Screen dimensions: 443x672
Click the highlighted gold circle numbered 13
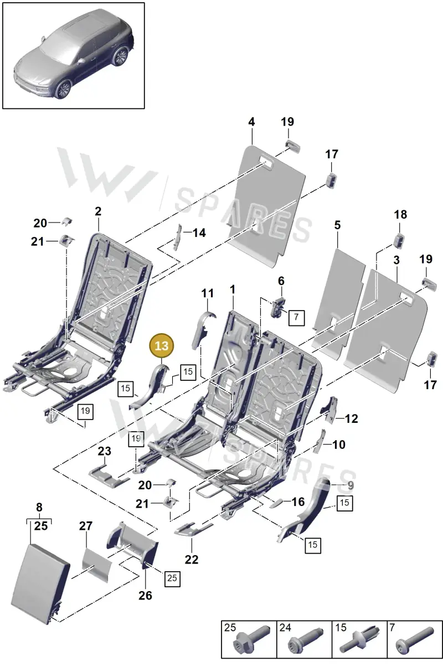[162, 345]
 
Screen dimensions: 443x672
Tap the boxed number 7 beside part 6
[296, 318]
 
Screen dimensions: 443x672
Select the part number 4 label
[251, 122]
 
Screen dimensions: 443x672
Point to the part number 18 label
[400, 215]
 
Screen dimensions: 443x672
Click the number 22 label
[192, 560]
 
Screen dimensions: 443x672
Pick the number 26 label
[145, 596]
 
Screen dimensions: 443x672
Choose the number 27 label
[86, 526]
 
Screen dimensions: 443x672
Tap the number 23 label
[105, 451]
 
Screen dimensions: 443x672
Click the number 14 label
[199, 233]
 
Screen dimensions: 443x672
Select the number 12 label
[352, 419]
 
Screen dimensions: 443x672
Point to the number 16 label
[298, 502]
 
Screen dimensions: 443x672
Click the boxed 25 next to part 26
[172, 578]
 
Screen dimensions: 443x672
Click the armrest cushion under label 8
[40, 586]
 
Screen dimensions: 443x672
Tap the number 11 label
[208, 293]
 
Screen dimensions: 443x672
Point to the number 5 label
[338, 225]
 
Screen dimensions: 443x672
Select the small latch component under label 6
[277, 307]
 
